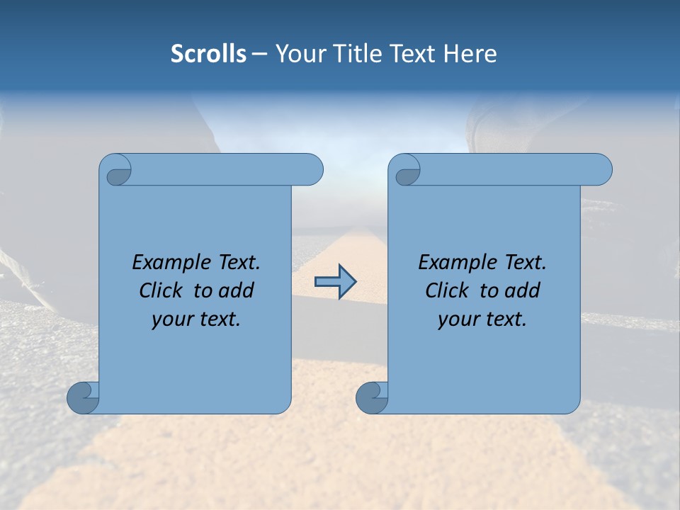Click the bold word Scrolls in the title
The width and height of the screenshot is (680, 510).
tap(208, 54)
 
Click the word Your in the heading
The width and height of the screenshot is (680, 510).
tap(297, 54)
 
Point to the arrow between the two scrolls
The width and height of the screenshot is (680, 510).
tap(335, 282)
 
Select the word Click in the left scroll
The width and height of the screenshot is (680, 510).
tap(162, 290)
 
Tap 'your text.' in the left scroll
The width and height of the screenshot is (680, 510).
tap(196, 319)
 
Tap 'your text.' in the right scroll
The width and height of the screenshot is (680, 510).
tap(482, 319)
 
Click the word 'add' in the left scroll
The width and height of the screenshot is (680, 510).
tap(237, 290)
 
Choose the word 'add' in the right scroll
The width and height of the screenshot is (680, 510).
tap(523, 290)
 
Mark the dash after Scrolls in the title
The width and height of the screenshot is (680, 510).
tap(259, 54)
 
